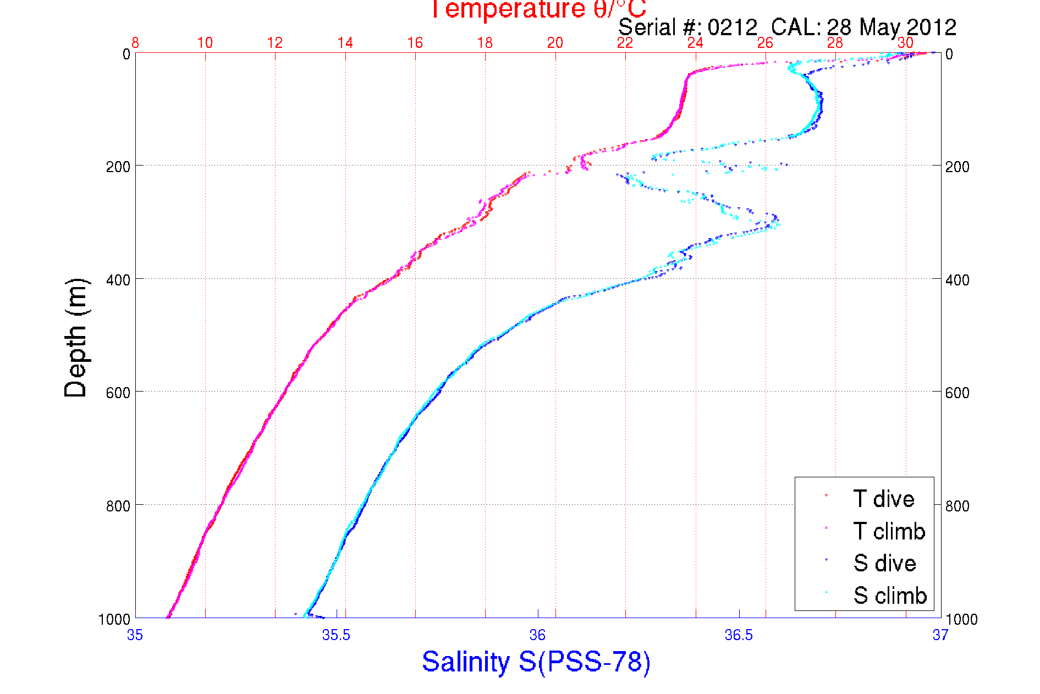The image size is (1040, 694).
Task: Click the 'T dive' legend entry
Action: coord(883,499)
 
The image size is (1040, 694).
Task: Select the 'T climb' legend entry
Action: coord(889,531)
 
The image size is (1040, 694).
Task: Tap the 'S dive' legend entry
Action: coord(884,563)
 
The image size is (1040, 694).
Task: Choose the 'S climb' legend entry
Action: coord(890,596)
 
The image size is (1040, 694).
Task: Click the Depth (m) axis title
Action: coord(76,338)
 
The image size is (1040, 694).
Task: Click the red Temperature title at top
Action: coord(538,9)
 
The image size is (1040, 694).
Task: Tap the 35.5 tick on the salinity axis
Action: coord(336,635)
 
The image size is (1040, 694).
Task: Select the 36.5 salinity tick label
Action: coord(739,635)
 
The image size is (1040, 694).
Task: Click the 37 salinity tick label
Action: coord(940,635)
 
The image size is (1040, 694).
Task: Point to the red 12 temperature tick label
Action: coord(275,43)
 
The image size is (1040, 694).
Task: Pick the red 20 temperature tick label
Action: coord(555,43)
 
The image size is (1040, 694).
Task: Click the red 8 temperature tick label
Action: coord(135,43)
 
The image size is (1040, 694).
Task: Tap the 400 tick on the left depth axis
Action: coord(118,280)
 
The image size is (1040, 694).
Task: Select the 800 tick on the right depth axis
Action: coord(958,506)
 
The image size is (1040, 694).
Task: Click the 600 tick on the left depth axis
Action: coord(118,393)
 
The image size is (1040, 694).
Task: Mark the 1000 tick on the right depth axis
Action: coord(961,619)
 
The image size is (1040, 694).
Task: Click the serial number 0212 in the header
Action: coord(732,27)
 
